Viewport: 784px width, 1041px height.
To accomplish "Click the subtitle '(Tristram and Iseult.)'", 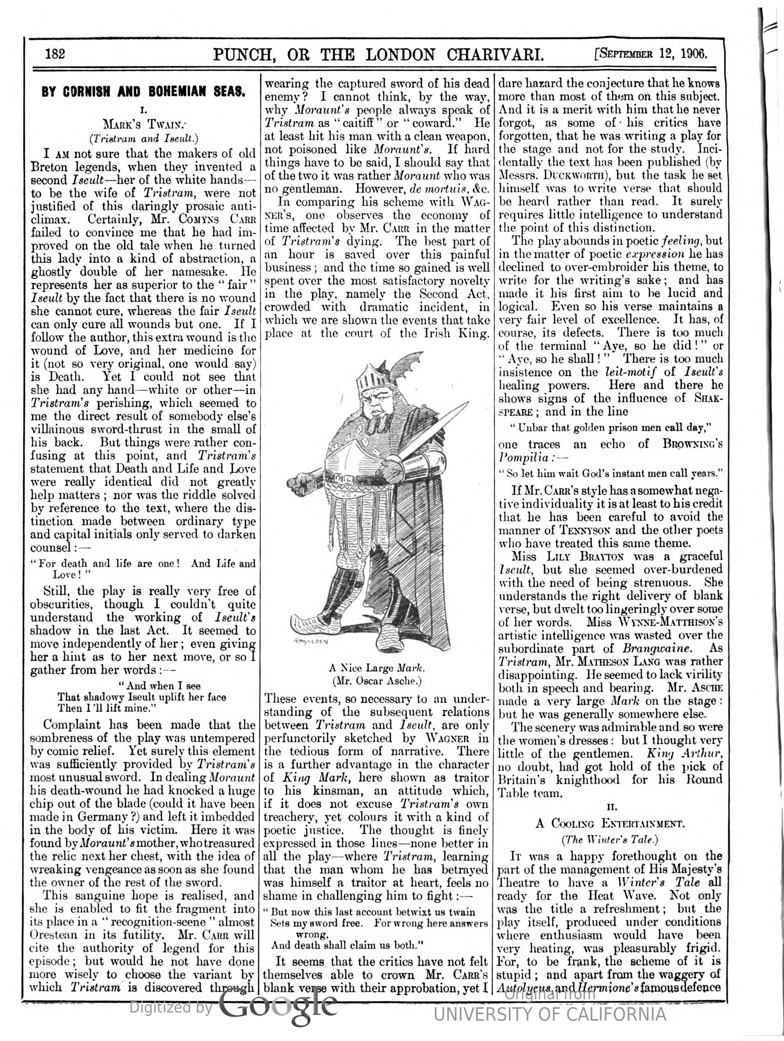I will pos(144,138).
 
